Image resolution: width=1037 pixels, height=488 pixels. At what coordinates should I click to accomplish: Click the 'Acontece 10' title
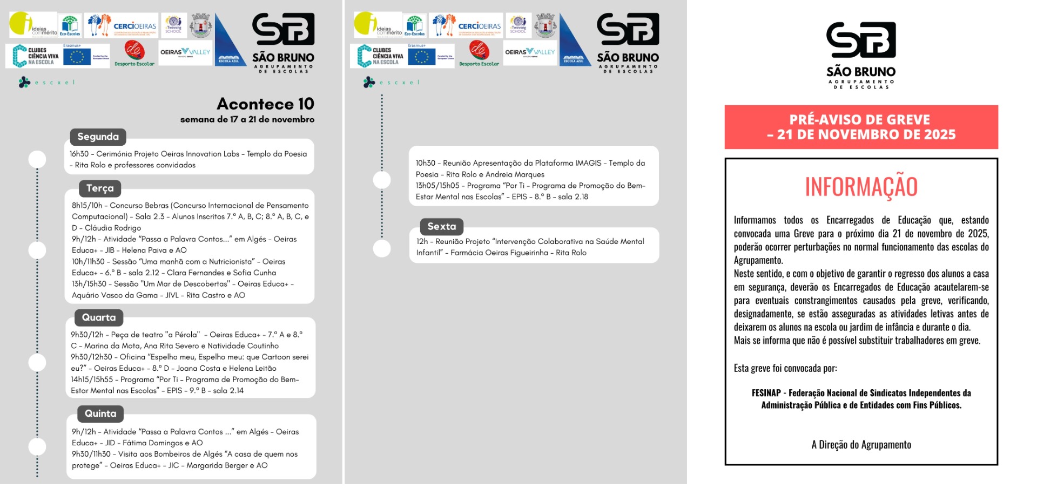(x=265, y=104)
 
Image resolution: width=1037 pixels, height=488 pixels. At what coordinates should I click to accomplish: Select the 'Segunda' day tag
(x=98, y=137)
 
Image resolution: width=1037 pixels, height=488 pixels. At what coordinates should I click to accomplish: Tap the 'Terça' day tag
(x=100, y=188)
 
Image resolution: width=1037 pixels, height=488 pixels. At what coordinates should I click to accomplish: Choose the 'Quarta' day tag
(x=99, y=317)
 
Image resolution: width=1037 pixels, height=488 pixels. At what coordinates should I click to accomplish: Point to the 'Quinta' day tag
(x=100, y=414)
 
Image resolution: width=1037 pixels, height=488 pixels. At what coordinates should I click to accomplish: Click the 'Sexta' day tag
(x=441, y=227)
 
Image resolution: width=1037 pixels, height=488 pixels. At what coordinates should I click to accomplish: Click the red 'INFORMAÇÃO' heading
(x=861, y=187)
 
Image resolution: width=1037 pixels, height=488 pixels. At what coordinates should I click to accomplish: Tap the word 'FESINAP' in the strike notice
(x=766, y=393)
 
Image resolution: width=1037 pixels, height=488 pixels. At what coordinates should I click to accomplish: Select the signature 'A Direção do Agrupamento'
(x=861, y=445)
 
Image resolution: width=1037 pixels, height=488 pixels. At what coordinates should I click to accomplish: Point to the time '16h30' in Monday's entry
(x=79, y=154)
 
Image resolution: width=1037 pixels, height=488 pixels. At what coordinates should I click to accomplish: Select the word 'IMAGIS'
(x=588, y=163)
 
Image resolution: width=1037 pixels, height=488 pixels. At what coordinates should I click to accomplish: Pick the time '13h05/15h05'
(x=437, y=186)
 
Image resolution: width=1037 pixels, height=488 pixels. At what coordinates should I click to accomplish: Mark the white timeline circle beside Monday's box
(x=37, y=159)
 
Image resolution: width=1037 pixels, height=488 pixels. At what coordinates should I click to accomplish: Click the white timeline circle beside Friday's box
(x=382, y=248)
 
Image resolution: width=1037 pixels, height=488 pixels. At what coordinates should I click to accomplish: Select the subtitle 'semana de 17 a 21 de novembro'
(x=247, y=119)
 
